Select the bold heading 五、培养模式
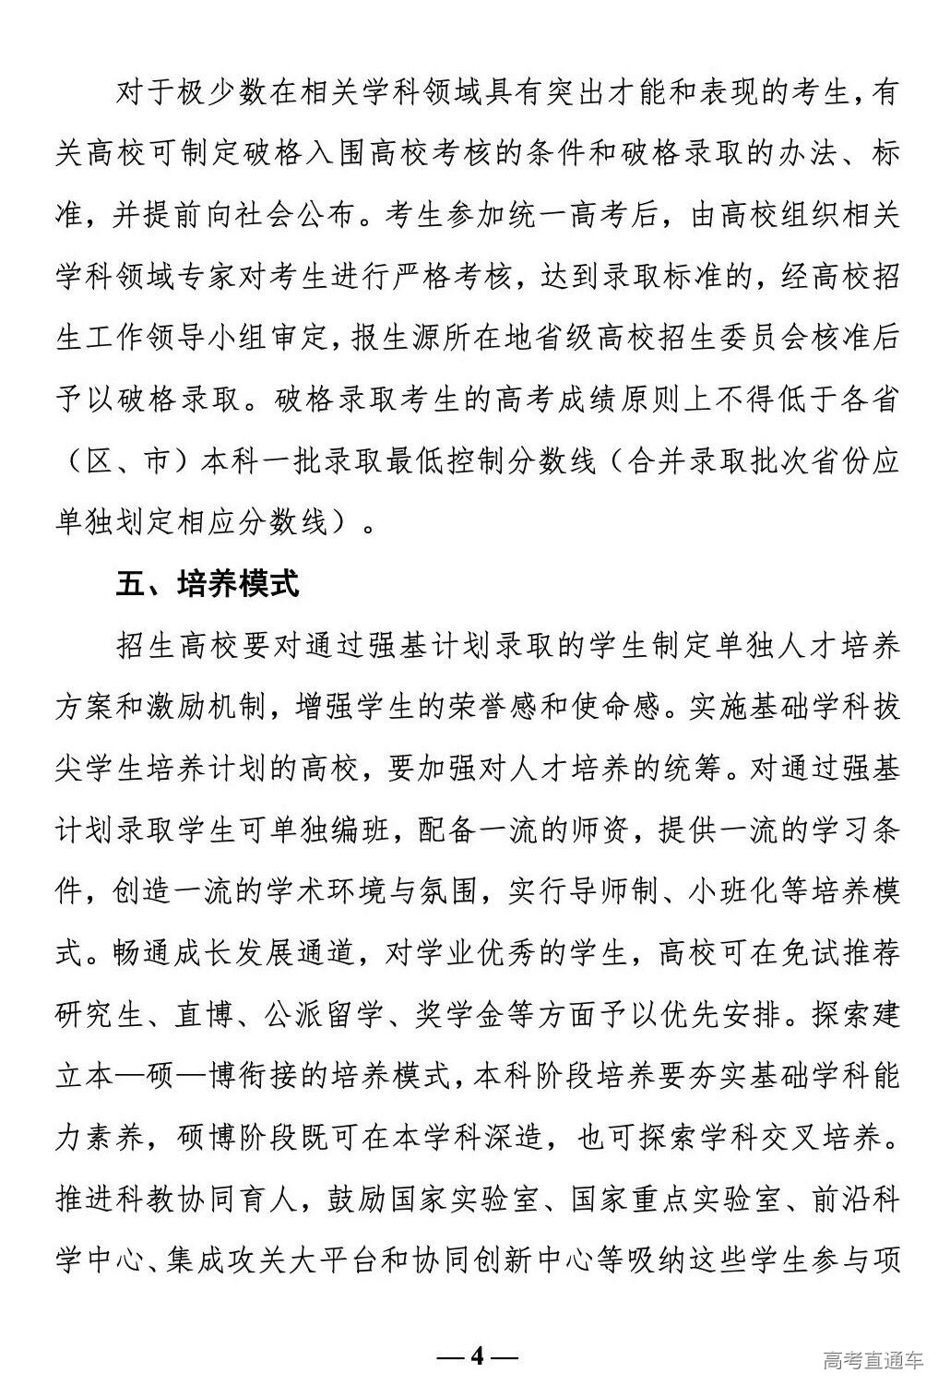pyautogui.click(x=208, y=585)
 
